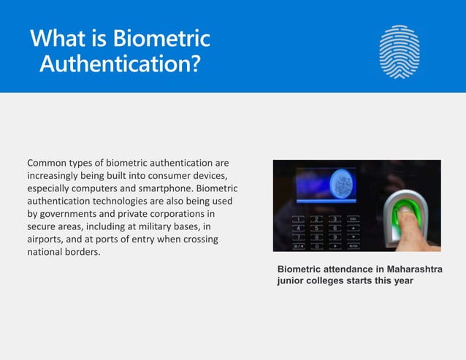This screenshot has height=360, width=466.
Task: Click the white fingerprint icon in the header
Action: pos(400,52)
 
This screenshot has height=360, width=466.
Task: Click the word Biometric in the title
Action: pos(162,38)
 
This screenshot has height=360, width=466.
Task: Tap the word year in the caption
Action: pos(402,280)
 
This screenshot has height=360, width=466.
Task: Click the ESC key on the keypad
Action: pos(353,218)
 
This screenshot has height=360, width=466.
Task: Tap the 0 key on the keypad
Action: pos(316,245)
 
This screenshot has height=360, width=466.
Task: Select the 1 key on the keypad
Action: pos(299,218)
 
